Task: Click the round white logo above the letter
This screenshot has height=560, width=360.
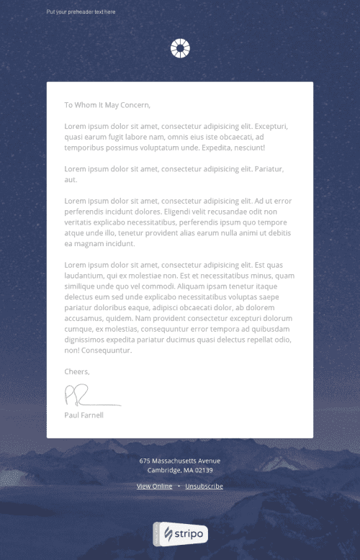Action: (x=180, y=49)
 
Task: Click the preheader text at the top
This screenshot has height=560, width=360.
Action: (x=81, y=12)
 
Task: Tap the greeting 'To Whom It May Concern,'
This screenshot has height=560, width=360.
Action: (x=107, y=105)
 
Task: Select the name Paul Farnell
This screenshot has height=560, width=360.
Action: (x=84, y=415)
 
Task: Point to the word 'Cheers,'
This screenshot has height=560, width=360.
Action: (x=77, y=371)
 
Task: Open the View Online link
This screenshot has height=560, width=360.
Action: (x=154, y=487)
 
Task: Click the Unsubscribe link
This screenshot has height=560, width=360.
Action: (x=204, y=487)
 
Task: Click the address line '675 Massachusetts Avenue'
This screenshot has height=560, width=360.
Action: (x=180, y=461)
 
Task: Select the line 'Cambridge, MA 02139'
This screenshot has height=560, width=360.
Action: (x=180, y=470)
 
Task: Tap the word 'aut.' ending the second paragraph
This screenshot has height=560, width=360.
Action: (x=71, y=179)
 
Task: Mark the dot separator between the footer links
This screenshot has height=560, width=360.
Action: (x=179, y=487)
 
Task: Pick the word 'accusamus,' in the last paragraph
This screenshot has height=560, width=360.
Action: (x=86, y=318)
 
